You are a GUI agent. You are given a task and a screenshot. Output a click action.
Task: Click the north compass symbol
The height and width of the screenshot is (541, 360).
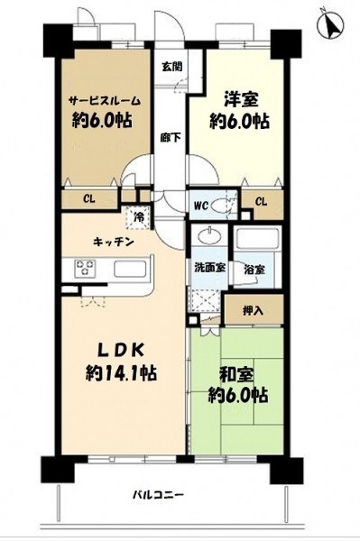pyautogui.click(x=330, y=24)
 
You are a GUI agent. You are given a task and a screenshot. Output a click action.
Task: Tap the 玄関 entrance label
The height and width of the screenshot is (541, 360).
pyautogui.click(x=172, y=67)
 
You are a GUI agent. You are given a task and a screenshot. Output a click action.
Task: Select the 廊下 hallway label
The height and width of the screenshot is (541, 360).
pyautogui.click(x=171, y=138)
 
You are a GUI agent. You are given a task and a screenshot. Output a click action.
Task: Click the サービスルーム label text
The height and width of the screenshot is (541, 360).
pyautogui.click(x=105, y=100)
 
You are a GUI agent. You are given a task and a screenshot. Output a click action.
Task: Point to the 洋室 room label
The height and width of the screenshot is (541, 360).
pyautogui.click(x=240, y=100)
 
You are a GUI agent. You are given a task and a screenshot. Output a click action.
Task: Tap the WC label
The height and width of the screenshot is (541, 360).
pyautogui.click(x=200, y=206)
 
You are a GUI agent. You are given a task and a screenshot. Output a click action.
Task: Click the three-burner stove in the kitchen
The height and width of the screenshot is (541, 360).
pyautogui.click(x=85, y=268)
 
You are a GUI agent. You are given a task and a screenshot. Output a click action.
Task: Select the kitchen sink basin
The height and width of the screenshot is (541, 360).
pyautogui.click(x=130, y=269)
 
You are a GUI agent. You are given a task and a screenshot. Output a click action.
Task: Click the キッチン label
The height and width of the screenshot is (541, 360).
pyautogui.click(x=114, y=243)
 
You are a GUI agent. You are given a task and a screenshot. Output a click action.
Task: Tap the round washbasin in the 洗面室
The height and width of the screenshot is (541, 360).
pyautogui.click(x=209, y=237)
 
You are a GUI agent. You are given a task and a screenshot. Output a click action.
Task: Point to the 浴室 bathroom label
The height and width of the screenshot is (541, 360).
pyautogui.click(x=254, y=269)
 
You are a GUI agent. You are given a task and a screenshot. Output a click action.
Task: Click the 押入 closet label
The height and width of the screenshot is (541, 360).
pyautogui.click(x=253, y=311)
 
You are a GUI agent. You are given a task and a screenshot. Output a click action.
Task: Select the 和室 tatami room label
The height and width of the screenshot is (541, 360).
pyautogui.click(x=238, y=376)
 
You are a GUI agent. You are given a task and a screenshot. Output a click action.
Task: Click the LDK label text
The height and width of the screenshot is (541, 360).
pyautogui.click(x=120, y=351)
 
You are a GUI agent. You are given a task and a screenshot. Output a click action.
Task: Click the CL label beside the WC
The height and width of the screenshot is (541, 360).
pyautogui.click(x=262, y=201)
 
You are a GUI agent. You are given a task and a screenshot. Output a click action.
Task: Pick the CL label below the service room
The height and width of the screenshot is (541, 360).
pyautogui.click(x=89, y=199)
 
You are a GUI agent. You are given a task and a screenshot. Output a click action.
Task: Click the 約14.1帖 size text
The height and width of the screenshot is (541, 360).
pyautogui.click(x=121, y=373)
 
